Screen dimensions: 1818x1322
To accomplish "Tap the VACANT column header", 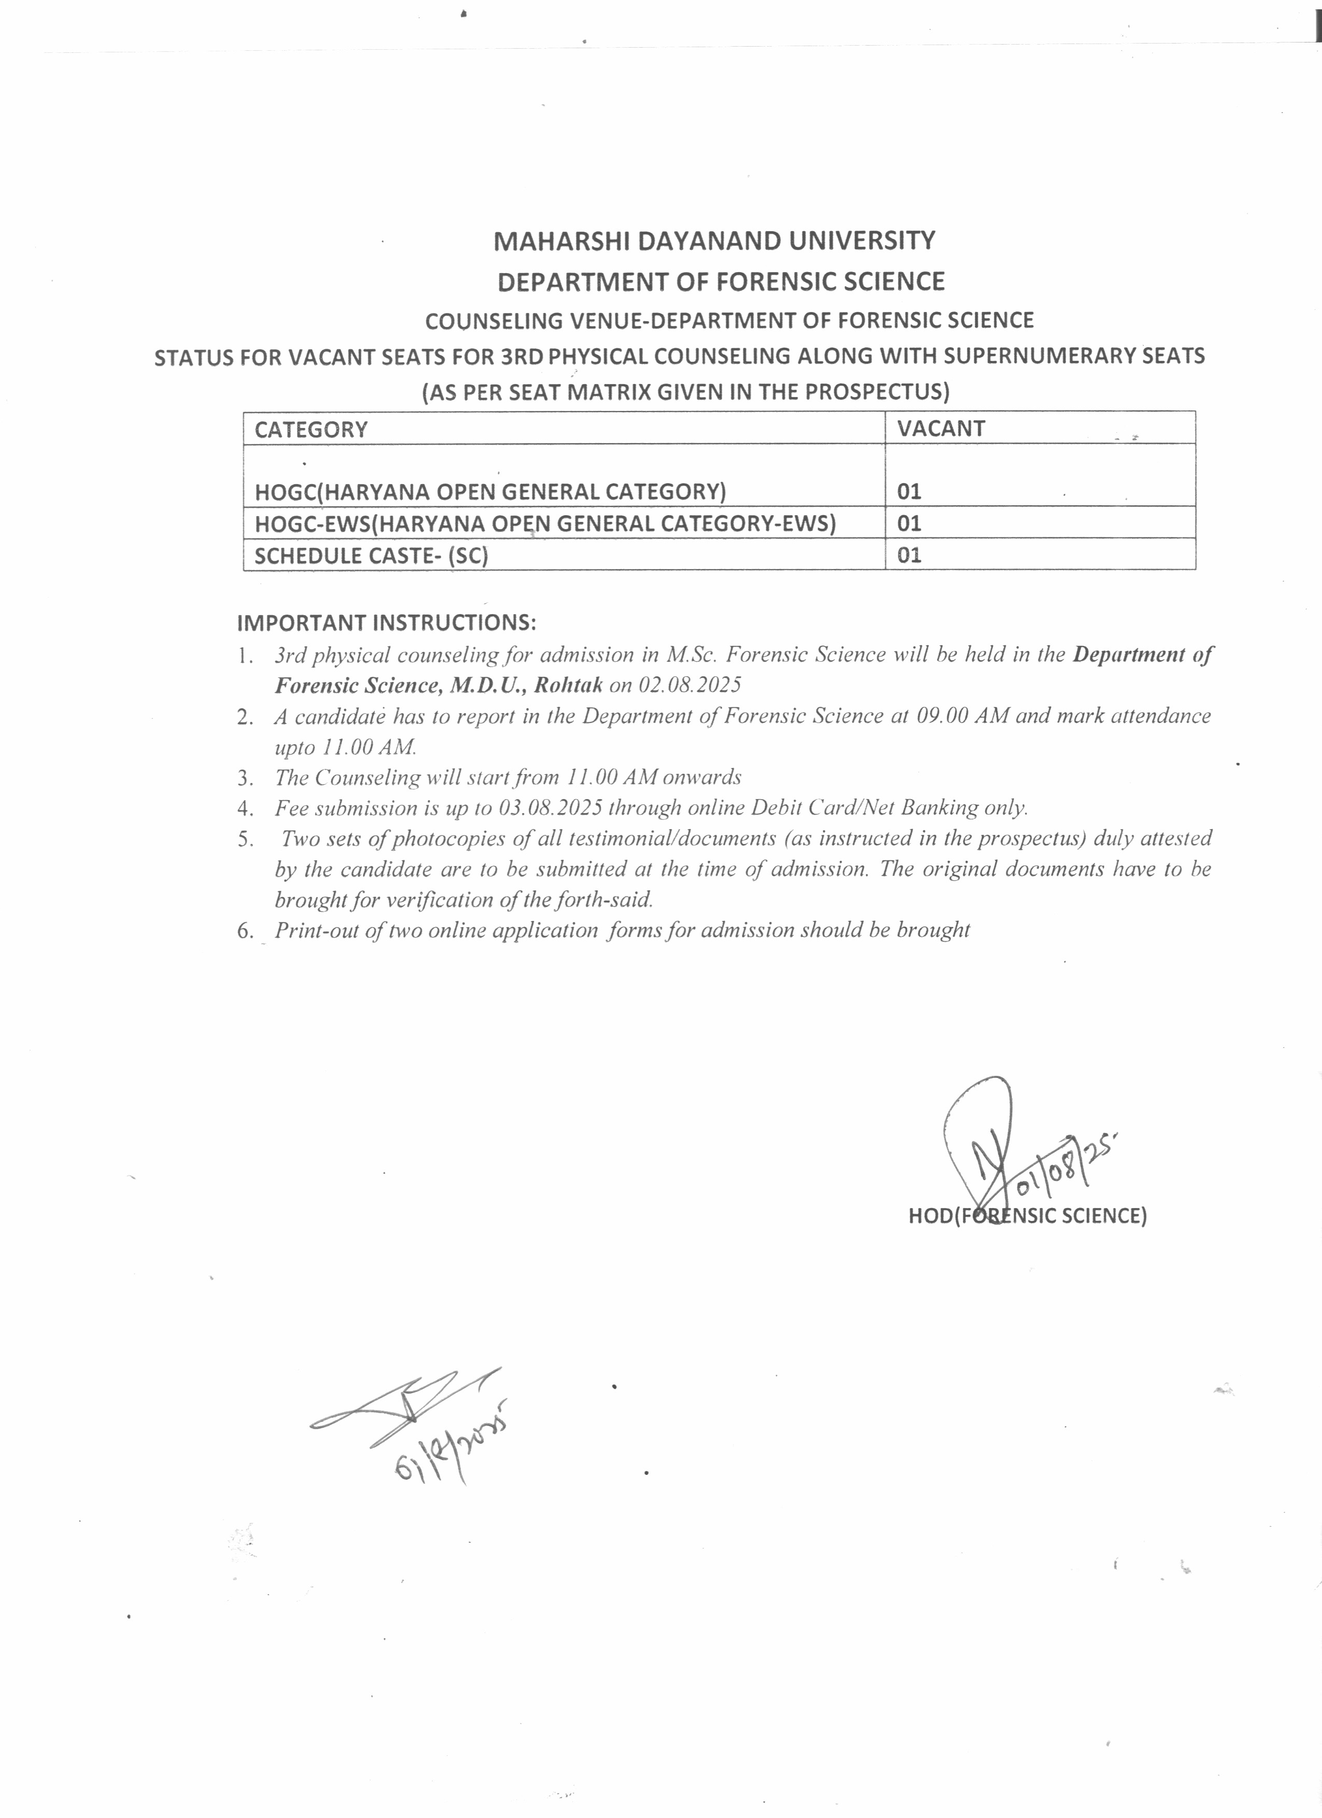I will (940, 429).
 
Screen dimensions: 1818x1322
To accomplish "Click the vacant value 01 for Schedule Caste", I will (909, 555).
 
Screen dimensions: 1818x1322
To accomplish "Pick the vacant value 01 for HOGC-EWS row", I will (909, 523).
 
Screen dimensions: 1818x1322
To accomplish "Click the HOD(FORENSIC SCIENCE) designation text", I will (1027, 1216).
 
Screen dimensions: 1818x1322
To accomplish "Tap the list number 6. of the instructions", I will (245, 931).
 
